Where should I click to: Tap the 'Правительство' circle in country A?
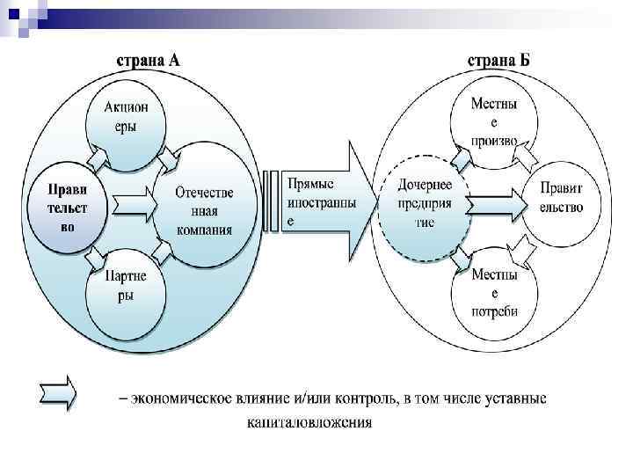coord(67,206)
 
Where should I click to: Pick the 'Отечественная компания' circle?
coord(204,211)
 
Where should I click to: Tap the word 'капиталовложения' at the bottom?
coord(309,422)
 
